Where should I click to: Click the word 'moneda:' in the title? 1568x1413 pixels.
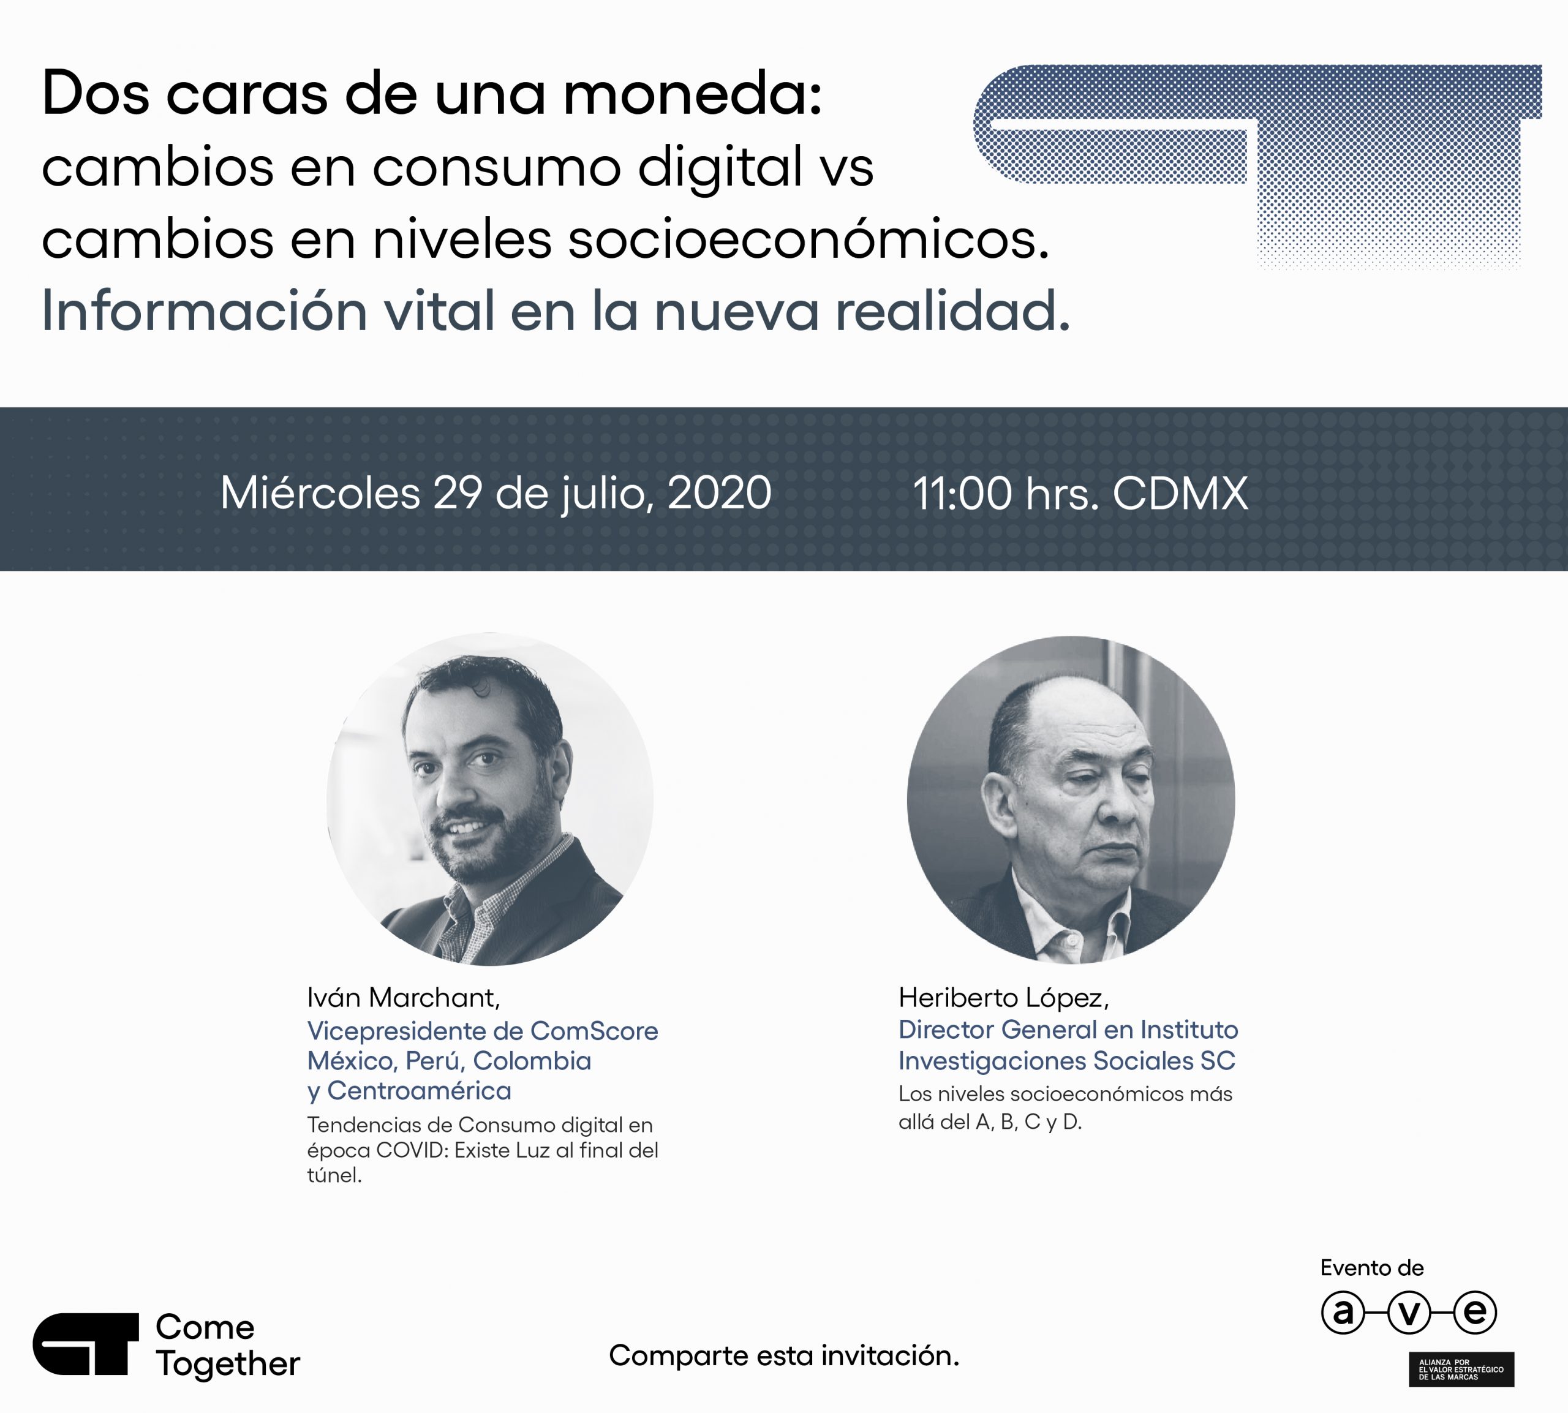[x=692, y=93]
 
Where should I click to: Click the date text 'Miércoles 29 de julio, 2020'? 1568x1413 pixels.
[x=496, y=492]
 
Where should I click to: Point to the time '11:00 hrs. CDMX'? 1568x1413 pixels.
[x=1080, y=493]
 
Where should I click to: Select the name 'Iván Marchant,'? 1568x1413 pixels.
[x=404, y=998]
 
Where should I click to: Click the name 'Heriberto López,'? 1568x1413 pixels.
[x=1004, y=998]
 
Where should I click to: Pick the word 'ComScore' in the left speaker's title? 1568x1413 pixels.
[x=595, y=1031]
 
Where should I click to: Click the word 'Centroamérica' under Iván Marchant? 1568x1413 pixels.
[x=419, y=1091]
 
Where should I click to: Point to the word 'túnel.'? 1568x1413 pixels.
[x=334, y=1175]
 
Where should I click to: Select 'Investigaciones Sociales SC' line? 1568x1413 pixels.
[x=1066, y=1061]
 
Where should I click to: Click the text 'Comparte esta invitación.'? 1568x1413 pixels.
[x=784, y=1355]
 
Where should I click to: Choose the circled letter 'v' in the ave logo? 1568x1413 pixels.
[x=1409, y=1312]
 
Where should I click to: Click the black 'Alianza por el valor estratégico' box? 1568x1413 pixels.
[x=1461, y=1369]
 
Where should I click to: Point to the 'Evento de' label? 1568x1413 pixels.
[x=1373, y=1268]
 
